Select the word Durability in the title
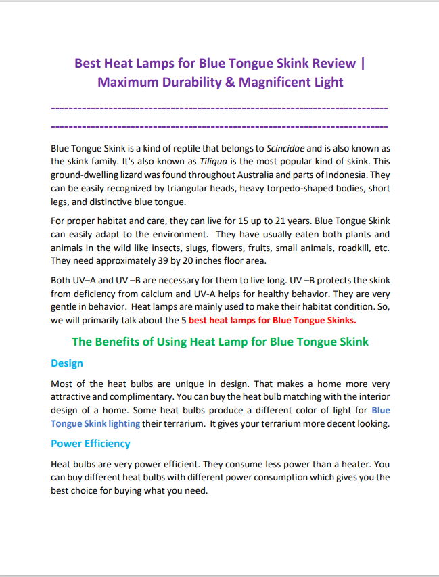pyautogui.click(x=185, y=83)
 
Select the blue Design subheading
pyautogui.click(x=67, y=363)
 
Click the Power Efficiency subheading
pyautogui.click(x=91, y=444)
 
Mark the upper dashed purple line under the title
pyautogui.click(x=219, y=108)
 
